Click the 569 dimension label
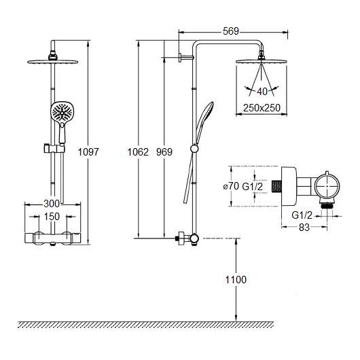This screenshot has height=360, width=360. (231, 31)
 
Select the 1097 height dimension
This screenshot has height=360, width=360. (88, 151)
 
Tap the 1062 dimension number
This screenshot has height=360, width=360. (138, 152)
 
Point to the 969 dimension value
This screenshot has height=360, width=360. (164, 152)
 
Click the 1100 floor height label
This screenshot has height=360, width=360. (236, 280)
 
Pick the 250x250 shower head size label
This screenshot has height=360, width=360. (262, 108)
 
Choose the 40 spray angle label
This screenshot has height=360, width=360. (262, 92)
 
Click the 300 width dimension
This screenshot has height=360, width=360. (52, 203)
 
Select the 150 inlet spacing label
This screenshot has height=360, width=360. (52, 217)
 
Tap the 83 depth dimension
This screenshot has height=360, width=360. (304, 228)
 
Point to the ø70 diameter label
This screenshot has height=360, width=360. (231, 186)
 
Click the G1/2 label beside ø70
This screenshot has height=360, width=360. (252, 186)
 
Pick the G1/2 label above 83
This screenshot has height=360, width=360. (302, 215)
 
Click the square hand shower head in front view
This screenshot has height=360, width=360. (62, 112)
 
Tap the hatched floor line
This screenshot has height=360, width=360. (146, 324)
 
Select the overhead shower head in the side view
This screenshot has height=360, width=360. (262, 61)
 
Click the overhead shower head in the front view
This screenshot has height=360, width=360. (52, 62)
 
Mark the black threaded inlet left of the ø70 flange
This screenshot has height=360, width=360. (276, 186)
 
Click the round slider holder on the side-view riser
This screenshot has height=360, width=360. (194, 149)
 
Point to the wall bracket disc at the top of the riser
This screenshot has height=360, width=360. (180, 58)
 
